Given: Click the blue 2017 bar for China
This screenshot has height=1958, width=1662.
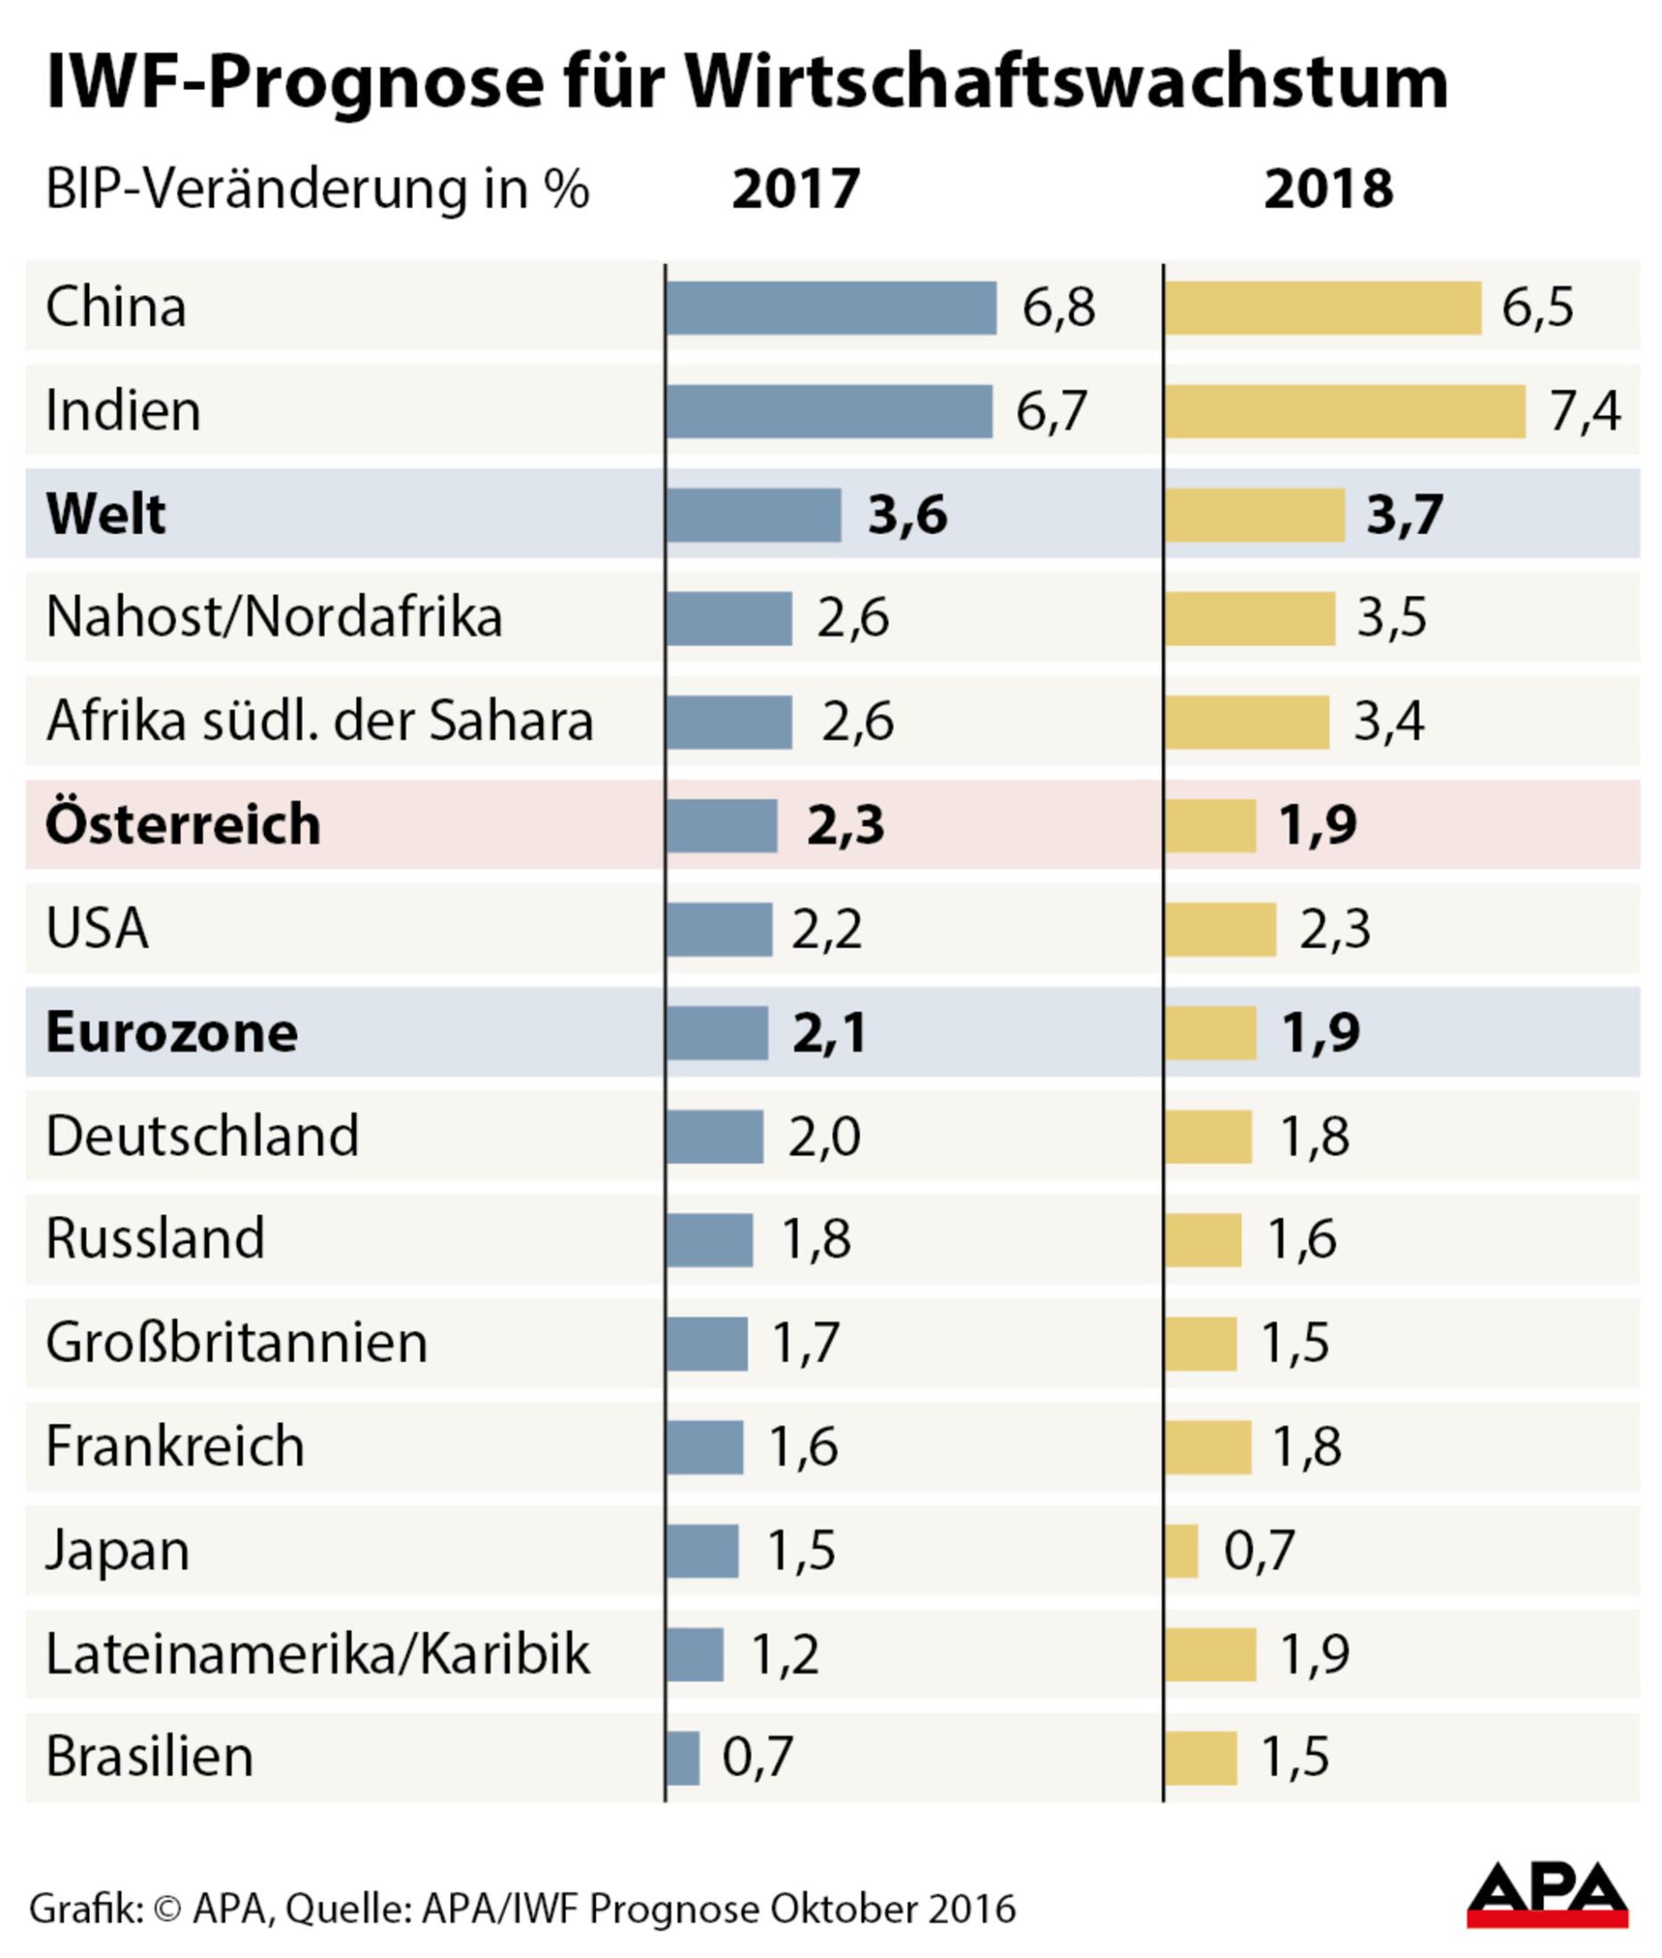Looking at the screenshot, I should (x=831, y=309).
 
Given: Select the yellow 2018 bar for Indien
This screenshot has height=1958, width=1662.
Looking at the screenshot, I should (x=1345, y=412).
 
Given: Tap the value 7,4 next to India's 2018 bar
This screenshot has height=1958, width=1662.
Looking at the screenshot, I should (x=1584, y=412).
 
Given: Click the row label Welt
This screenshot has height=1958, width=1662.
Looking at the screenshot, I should (x=105, y=514).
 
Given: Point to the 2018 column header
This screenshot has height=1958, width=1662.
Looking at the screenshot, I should (x=1328, y=188).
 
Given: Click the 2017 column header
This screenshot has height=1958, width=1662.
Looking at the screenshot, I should (x=795, y=188).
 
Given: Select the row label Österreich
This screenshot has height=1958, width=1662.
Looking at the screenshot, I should (x=183, y=825).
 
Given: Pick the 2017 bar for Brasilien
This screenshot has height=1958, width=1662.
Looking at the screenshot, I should (x=683, y=1758).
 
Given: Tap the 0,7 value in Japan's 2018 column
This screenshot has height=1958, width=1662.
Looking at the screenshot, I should (x=1259, y=1551).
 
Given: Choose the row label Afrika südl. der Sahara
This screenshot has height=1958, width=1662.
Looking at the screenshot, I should (x=319, y=721).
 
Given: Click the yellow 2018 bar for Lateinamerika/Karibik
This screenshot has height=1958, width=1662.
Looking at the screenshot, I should (x=1210, y=1655).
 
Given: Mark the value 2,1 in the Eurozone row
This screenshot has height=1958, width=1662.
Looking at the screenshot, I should (x=829, y=1032).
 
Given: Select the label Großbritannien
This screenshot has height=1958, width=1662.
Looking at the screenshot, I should (x=236, y=1343).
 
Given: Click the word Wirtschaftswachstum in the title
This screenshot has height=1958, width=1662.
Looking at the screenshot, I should (x=1065, y=82).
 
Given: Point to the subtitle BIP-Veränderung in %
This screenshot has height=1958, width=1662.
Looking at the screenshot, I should (x=317, y=189).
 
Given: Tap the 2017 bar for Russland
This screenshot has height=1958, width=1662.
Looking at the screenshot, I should (x=710, y=1240).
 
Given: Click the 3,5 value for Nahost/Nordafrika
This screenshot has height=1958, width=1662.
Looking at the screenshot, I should (x=1392, y=618).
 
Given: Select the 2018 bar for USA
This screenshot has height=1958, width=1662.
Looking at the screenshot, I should (x=1220, y=929).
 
